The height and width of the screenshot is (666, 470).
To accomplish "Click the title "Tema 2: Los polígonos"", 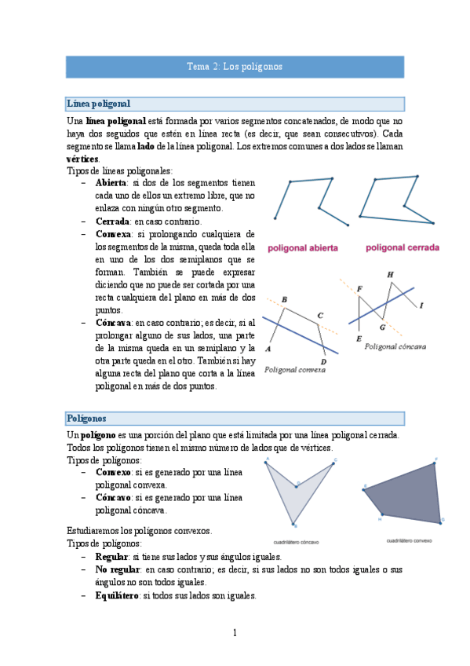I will (x=235, y=67).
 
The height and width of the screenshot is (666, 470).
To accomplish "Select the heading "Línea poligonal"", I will (x=98, y=104).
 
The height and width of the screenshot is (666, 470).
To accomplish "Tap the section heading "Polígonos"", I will (x=86, y=419).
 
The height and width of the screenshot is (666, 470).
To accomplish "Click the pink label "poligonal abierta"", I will (x=303, y=248).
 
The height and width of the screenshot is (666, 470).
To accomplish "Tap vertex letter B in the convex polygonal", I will (x=284, y=300).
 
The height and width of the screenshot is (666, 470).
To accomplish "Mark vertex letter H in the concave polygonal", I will (x=390, y=274).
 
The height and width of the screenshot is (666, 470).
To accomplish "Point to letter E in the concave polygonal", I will (x=359, y=338).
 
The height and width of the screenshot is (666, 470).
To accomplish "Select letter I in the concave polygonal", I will (x=421, y=305).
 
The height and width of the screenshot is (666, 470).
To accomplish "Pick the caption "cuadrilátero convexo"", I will (x=409, y=540).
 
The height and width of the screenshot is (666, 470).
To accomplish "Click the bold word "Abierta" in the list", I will (x=115, y=183).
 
